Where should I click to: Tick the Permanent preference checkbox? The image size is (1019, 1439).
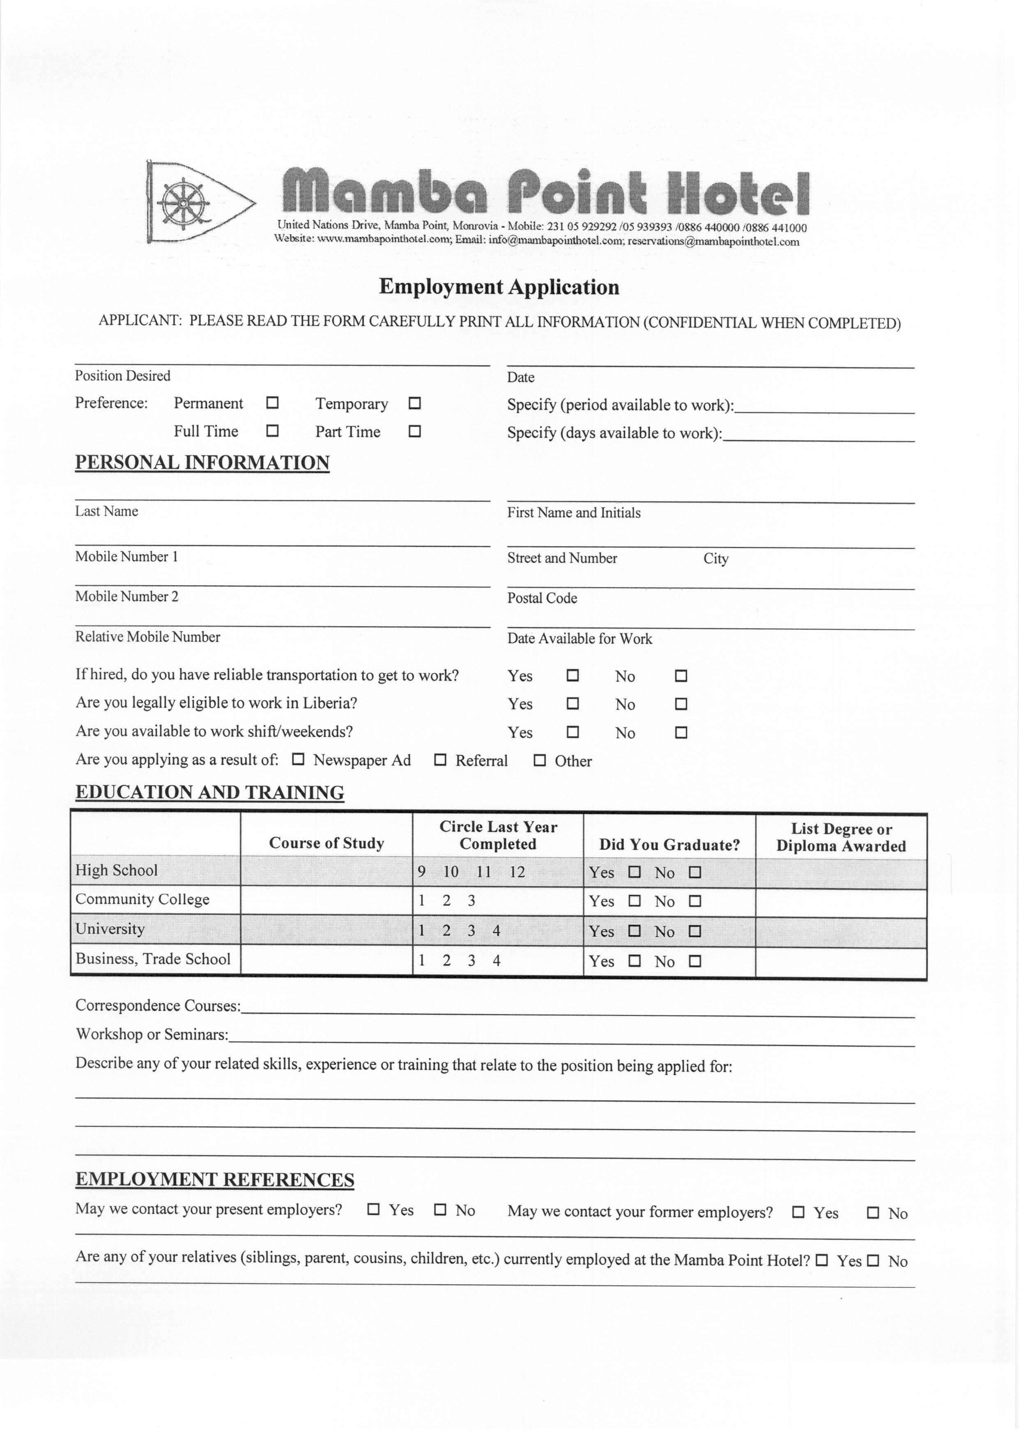point(272,403)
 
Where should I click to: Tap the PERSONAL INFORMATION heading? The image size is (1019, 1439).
point(202,463)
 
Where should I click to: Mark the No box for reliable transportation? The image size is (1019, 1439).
point(681,676)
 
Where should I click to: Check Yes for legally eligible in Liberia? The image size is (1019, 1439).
point(572,703)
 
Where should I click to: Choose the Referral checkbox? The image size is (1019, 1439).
point(440,760)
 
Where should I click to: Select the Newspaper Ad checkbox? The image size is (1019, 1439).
point(299,759)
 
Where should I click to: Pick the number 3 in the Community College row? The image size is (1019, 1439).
point(471,901)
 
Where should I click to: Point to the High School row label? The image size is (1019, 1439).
point(116,870)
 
